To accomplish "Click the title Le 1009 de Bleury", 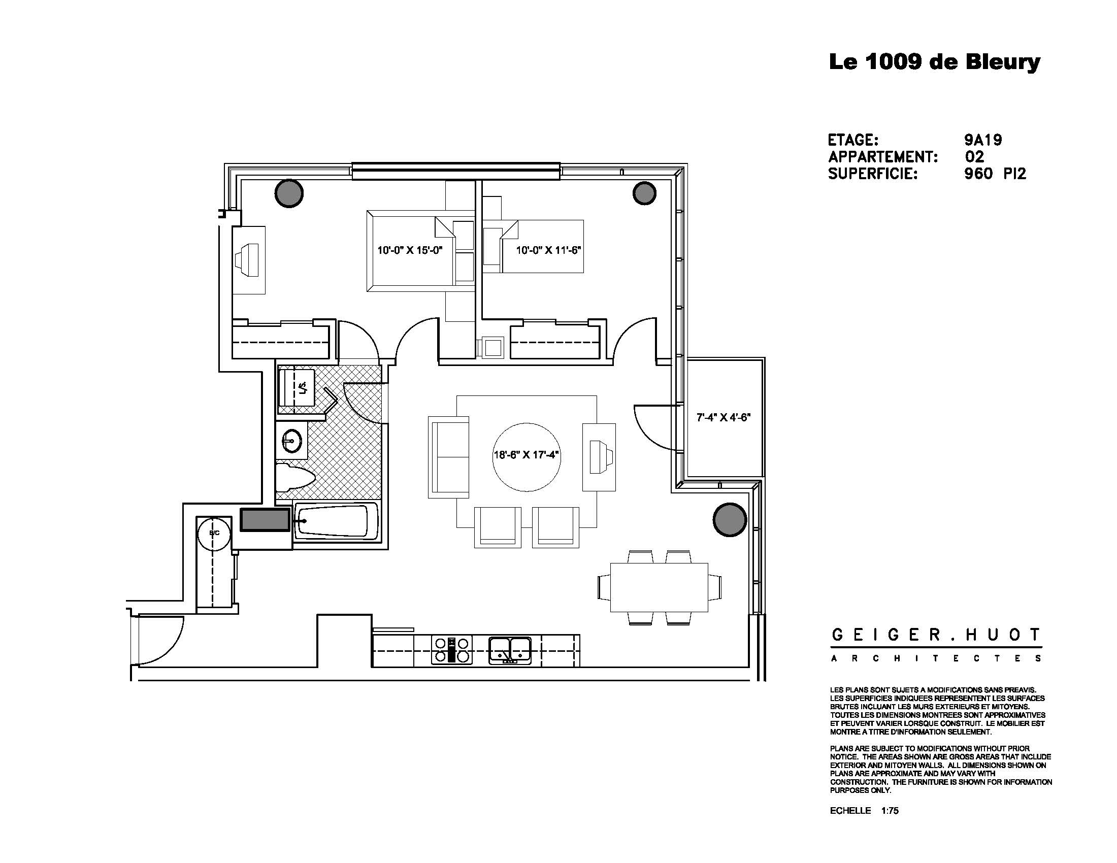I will tap(934, 62).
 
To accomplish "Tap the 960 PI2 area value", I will tap(995, 174).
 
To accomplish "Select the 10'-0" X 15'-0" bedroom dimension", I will tap(409, 250).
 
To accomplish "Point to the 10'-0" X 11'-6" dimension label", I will tap(548, 250).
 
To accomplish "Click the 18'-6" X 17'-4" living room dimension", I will tap(527, 455).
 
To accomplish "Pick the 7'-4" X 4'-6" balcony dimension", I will tap(723, 417).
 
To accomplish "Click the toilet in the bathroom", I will tap(294, 478).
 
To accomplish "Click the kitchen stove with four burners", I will tap(451, 650).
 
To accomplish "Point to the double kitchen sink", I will tap(509, 650).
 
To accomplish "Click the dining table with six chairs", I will tap(659, 587).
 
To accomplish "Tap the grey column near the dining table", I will tap(729, 519).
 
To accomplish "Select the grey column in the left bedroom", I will tap(289, 193).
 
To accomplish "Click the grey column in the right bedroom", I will tap(644, 193).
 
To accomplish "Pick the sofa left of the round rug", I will tap(449, 457).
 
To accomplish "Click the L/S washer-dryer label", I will tap(303, 388).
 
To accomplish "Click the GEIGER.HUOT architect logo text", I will tap(935, 636).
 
